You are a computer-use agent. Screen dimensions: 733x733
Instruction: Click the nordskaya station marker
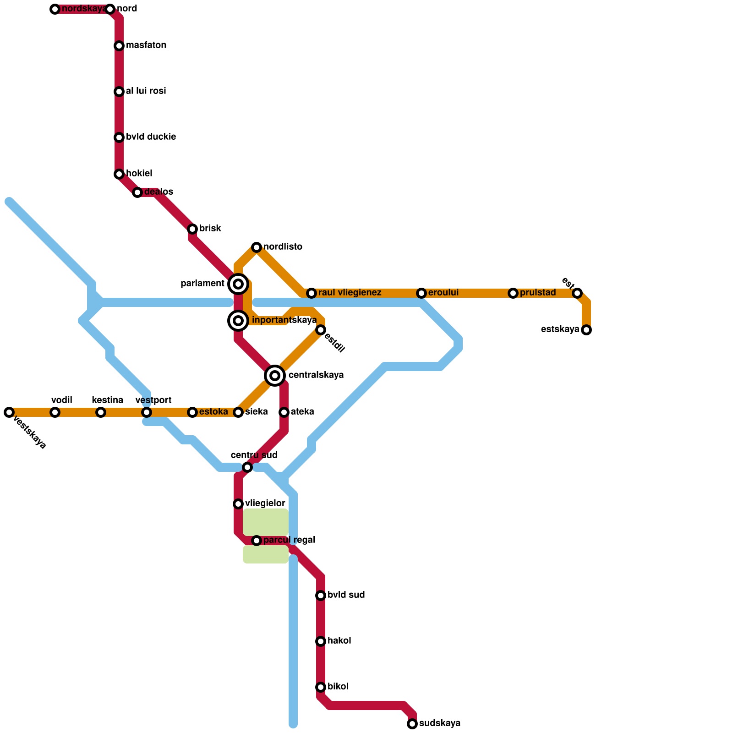click(x=55, y=9)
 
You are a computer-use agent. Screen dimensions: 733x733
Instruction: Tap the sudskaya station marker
click(x=412, y=724)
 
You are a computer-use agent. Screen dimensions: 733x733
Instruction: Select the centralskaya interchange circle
click(x=275, y=376)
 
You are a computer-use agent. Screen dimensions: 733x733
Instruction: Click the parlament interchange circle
click(x=238, y=284)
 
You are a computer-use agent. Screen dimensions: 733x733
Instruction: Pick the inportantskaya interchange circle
click(x=238, y=321)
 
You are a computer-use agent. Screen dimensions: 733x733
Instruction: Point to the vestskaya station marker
click(x=9, y=412)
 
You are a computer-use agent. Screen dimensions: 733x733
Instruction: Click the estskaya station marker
click(x=586, y=330)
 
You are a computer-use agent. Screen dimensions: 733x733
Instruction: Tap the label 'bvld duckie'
click(x=151, y=137)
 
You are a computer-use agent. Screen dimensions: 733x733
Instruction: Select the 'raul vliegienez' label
click(x=350, y=293)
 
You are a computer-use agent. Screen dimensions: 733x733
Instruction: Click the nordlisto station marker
click(x=257, y=247)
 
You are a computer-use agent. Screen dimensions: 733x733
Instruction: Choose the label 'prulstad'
click(x=538, y=293)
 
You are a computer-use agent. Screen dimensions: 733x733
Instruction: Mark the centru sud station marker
click(x=247, y=467)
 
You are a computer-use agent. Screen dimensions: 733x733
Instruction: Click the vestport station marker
click(x=147, y=412)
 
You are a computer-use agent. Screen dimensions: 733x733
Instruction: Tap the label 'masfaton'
click(x=146, y=45)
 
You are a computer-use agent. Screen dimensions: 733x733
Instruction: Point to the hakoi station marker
click(x=321, y=641)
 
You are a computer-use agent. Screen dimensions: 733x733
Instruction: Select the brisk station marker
click(x=192, y=229)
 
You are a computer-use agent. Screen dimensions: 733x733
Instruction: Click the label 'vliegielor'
click(x=265, y=503)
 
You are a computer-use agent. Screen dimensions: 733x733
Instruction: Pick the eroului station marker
click(x=421, y=293)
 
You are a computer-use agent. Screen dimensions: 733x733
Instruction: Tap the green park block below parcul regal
click(x=265, y=554)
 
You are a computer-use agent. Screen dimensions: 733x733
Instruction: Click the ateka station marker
click(x=284, y=412)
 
